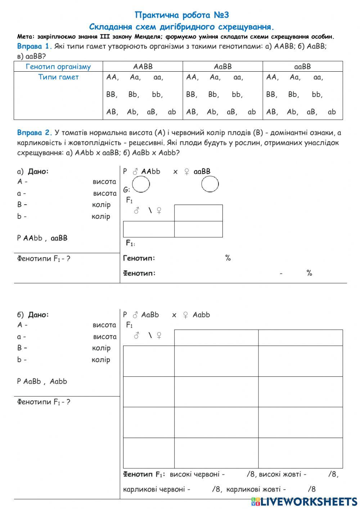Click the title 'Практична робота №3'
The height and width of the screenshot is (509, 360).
(182, 15)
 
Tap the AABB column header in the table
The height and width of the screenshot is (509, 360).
(143, 66)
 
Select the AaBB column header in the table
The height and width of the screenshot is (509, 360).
(223, 66)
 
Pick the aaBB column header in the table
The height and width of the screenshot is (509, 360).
(302, 66)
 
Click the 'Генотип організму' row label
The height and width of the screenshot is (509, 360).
(58, 66)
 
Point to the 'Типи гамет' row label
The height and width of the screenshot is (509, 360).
(58, 77)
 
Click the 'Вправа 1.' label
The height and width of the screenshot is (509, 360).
(35, 46)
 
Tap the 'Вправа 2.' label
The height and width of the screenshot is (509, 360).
(35, 133)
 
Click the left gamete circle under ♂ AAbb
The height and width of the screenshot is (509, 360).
(141, 184)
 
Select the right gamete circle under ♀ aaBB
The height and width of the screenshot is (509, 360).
(210, 184)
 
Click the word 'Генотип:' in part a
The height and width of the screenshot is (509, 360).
(139, 258)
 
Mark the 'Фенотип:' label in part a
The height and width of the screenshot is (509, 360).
(139, 273)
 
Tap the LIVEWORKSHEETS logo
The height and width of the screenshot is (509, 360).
(304, 501)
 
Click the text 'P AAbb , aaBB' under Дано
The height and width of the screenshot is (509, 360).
(42, 238)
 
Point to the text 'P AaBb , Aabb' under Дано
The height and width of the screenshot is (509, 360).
(42, 381)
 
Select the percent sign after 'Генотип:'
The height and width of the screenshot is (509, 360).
(228, 258)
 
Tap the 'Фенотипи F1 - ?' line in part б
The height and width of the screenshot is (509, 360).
(44, 402)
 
